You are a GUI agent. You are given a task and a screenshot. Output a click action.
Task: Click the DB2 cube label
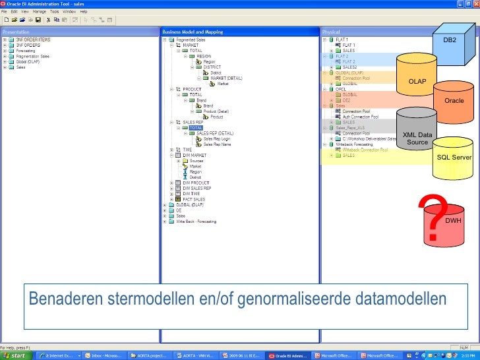coord(450,40)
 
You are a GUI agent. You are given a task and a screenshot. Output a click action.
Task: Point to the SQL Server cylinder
coord(454,156)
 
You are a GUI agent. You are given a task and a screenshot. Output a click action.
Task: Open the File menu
coord(4,12)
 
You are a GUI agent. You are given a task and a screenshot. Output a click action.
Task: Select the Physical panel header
coord(330,32)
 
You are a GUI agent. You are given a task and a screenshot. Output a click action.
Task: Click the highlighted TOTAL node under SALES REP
coord(196,128)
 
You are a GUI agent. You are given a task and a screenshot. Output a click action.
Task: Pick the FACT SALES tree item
coord(194,199)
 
